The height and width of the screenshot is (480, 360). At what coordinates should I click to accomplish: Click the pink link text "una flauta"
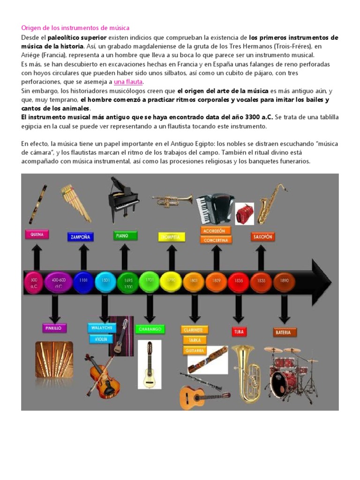click(128, 82)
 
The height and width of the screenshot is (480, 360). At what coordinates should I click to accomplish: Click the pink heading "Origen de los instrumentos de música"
click(75, 28)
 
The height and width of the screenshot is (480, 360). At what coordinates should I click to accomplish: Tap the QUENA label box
click(37, 234)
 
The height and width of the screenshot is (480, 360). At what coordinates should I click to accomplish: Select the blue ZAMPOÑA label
click(80, 237)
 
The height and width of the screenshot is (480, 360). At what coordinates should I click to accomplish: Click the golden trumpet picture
click(172, 201)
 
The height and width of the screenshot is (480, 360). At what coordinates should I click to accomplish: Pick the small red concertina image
click(244, 213)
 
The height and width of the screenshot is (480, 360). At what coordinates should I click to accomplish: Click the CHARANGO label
click(150, 329)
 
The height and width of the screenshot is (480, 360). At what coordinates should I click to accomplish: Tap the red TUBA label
click(239, 332)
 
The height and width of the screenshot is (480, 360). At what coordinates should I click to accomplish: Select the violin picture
click(101, 375)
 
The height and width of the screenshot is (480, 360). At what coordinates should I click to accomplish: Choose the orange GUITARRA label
click(195, 350)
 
